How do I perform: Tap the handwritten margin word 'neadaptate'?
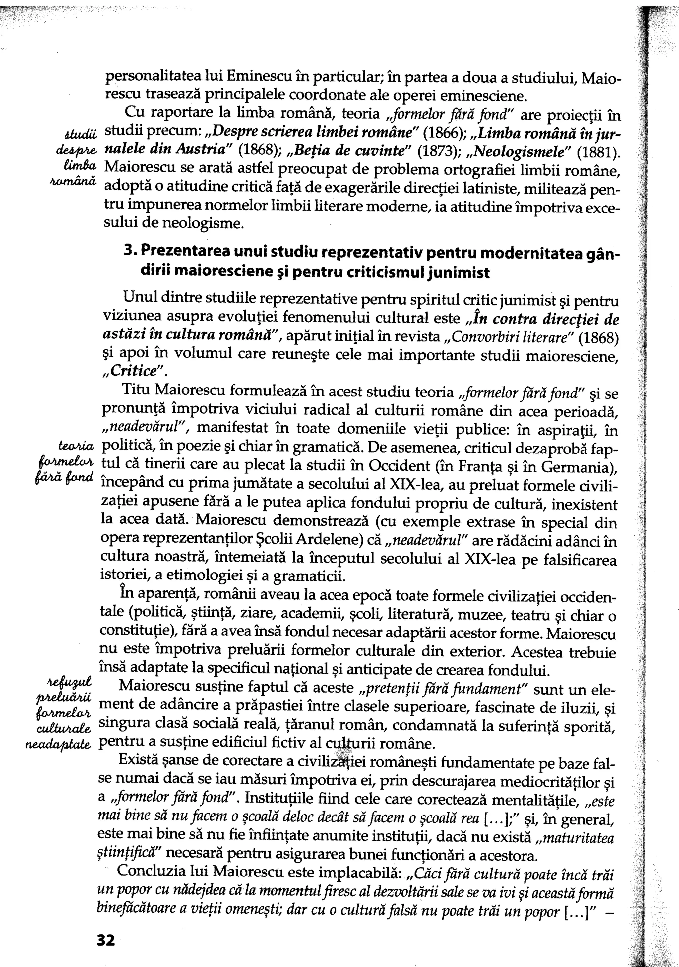click(x=58, y=745)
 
